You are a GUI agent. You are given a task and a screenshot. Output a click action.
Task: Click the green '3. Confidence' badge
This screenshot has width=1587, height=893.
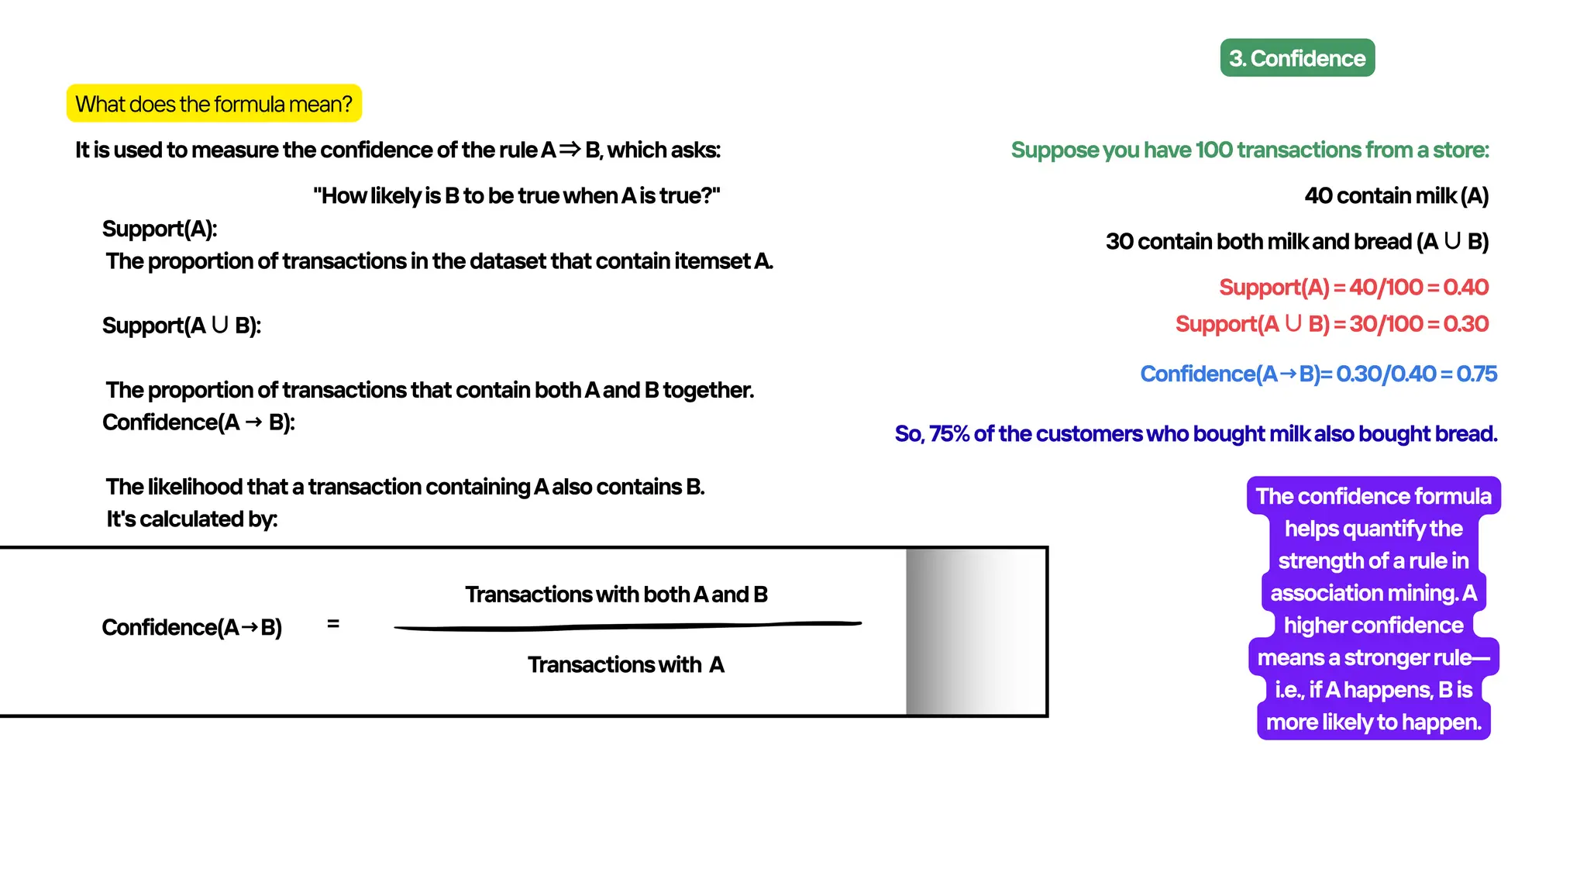point(1297,58)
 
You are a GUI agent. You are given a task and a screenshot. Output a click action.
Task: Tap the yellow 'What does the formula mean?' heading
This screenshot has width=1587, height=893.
point(214,104)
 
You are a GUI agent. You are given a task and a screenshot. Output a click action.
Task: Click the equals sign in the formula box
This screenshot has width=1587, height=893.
point(333,624)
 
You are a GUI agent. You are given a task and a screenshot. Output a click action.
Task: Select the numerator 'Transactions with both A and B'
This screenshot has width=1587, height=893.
point(616,595)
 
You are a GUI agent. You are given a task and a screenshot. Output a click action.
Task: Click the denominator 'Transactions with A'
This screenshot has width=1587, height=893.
point(626,665)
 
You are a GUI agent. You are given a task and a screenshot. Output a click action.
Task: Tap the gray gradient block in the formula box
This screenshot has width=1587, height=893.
point(975,632)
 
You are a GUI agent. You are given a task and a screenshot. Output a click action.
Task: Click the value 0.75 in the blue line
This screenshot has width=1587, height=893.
point(1477,374)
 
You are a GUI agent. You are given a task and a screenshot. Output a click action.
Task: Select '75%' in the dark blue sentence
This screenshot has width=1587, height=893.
point(949,434)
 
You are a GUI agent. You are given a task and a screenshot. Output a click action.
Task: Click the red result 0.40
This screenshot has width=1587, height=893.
point(1466,288)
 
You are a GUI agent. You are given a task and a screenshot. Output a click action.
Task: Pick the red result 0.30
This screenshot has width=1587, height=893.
point(1466,324)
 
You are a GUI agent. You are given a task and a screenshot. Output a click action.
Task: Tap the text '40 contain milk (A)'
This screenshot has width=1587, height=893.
point(1396,196)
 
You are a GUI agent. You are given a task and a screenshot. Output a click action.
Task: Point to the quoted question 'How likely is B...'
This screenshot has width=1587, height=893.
point(517,196)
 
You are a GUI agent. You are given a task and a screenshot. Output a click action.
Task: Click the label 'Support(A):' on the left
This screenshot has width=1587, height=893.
point(160,229)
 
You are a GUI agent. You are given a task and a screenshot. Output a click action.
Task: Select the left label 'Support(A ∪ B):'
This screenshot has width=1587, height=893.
point(181,326)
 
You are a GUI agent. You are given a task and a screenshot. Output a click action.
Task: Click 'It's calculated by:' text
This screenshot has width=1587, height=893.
point(192,519)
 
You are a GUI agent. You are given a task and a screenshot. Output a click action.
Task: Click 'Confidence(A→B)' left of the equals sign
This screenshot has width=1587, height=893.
point(192,627)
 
